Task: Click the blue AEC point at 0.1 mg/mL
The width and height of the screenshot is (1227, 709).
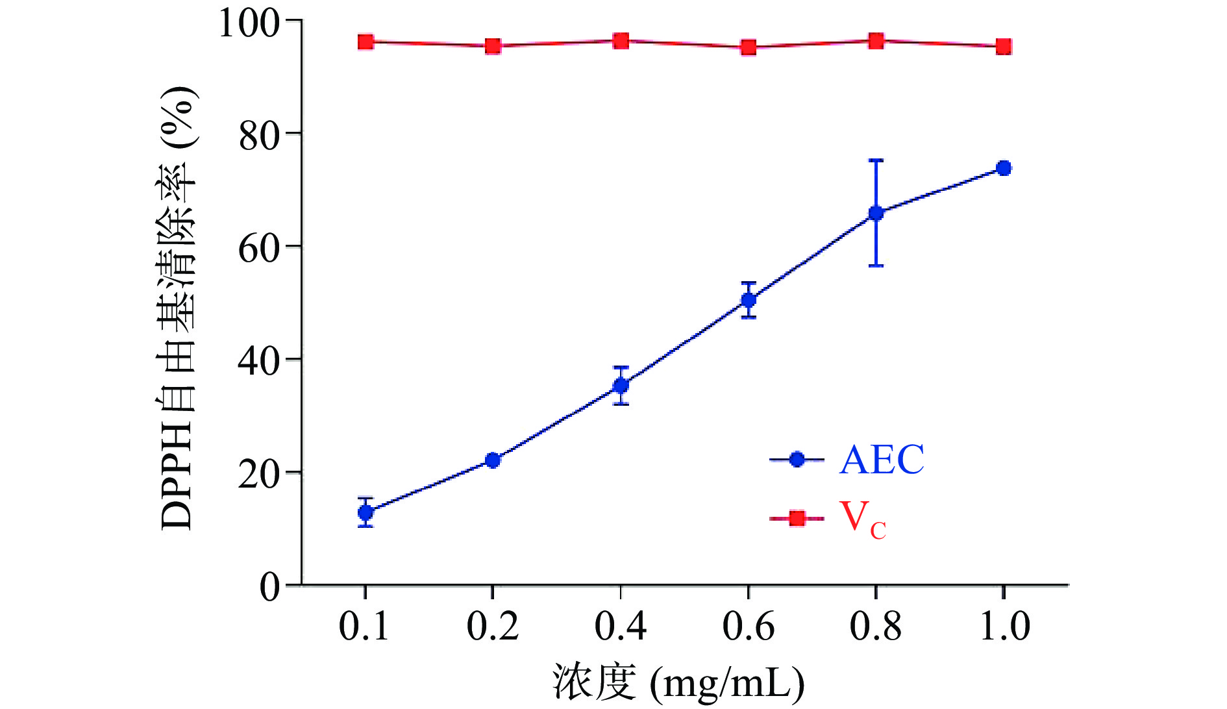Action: pyautogui.click(x=366, y=512)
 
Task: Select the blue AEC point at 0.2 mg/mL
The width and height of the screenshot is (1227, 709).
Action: pyautogui.click(x=493, y=460)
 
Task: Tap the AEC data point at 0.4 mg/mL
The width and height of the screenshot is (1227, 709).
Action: pyautogui.click(x=621, y=386)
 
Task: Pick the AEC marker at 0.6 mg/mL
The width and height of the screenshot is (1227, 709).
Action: pyautogui.click(x=749, y=300)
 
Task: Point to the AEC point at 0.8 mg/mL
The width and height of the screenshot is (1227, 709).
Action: pyautogui.click(x=876, y=213)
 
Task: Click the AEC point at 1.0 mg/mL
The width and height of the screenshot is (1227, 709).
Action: pyautogui.click(x=1004, y=168)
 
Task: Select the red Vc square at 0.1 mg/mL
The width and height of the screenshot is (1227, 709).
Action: pyautogui.click(x=366, y=42)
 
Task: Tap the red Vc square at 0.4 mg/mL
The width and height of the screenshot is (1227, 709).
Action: pyautogui.click(x=621, y=41)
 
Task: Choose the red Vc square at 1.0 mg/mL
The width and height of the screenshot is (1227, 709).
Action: pyautogui.click(x=1004, y=46)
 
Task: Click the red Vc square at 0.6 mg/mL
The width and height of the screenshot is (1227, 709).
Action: pyautogui.click(x=749, y=47)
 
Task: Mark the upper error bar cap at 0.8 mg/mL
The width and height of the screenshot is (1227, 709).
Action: pyautogui.click(x=876, y=160)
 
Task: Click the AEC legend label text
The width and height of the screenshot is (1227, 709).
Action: pyautogui.click(x=881, y=460)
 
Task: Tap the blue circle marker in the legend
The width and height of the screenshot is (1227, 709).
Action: pyautogui.click(x=797, y=460)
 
